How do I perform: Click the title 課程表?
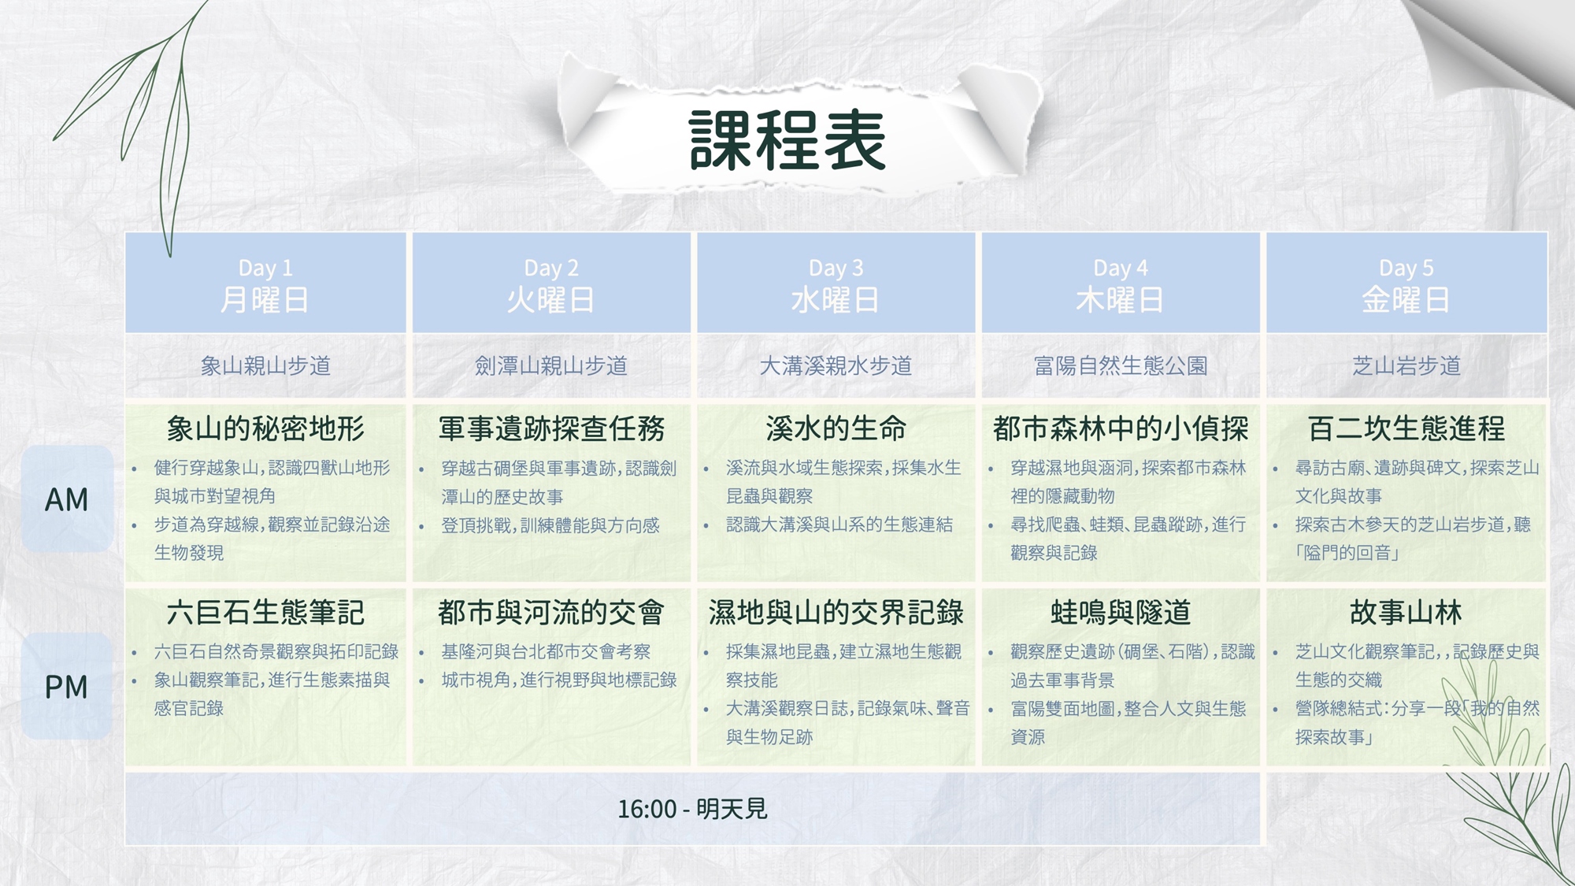click(x=787, y=140)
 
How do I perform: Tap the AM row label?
click(x=67, y=499)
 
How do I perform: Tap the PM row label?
click(x=67, y=687)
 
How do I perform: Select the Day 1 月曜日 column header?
click(x=265, y=284)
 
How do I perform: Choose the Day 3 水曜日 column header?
click(x=836, y=284)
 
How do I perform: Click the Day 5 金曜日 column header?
click(x=1406, y=284)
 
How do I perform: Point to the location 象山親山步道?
click(x=265, y=365)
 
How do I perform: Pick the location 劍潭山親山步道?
click(x=550, y=365)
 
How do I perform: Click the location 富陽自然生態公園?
click(x=1121, y=365)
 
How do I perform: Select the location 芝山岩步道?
click(x=1406, y=365)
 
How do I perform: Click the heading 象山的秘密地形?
click(x=265, y=428)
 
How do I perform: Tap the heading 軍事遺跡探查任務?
click(x=551, y=428)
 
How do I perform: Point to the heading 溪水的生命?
click(x=836, y=428)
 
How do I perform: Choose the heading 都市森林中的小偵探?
click(x=1121, y=428)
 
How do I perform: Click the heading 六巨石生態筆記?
click(x=265, y=612)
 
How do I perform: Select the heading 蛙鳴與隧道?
click(x=1121, y=612)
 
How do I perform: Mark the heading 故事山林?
click(x=1406, y=612)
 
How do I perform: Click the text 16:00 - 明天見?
click(x=692, y=809)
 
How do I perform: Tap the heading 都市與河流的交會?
click(x=551, y=612)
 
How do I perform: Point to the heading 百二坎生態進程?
click(x=1406, y=428)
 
